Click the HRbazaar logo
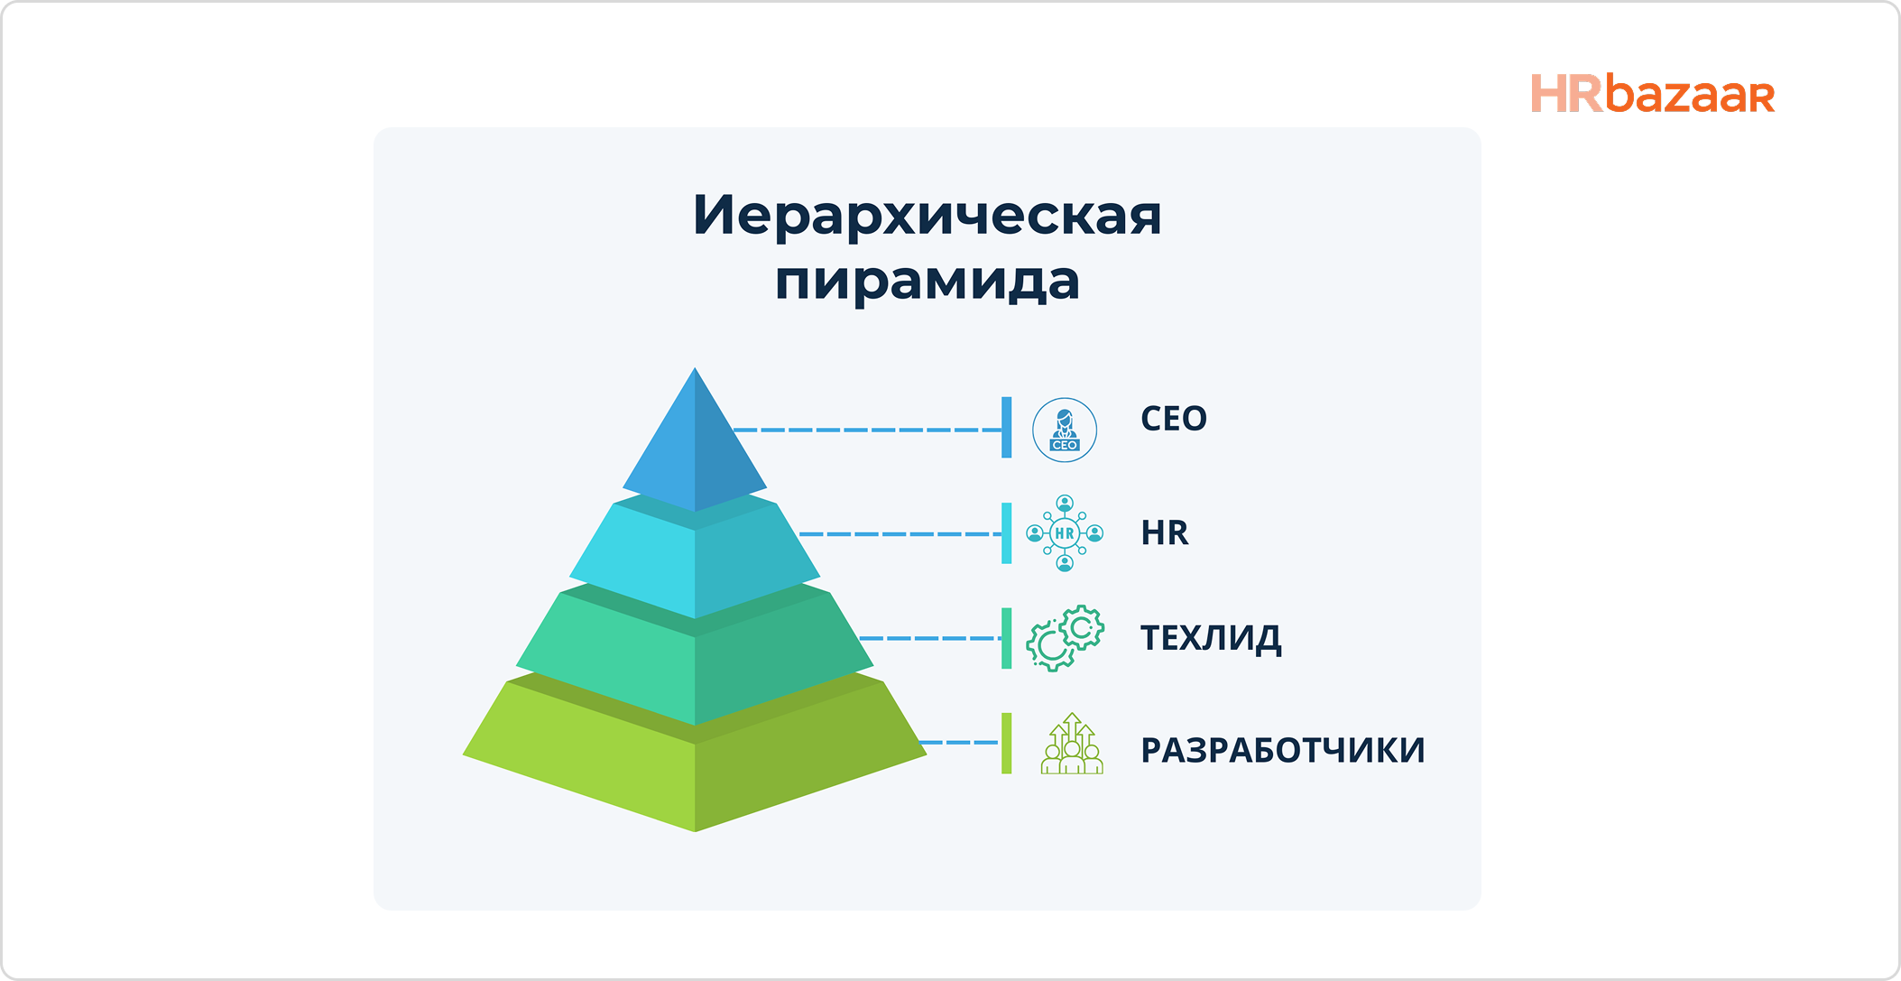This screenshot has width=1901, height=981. tap(1652, 95)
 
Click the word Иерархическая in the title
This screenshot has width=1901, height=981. tap(927, 217)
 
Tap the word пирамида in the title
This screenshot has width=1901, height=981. tap(927, 282)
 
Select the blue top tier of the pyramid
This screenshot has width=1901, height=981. tap(694, 447)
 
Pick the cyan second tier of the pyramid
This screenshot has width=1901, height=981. tap(694, 560)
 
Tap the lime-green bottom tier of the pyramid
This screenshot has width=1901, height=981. tap(694, 772)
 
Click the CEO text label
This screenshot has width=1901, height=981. tap(1173, 419)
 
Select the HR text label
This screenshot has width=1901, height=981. tap(1164, 533)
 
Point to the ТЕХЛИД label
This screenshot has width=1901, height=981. tap(1210, 638)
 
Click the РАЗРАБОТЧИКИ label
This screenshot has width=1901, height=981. tap(1282, 751)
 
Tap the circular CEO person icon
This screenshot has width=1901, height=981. tap(1065, 430)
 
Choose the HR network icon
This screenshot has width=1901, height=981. tap(1065, 533)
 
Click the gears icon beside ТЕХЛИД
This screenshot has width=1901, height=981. tap(1065, 638)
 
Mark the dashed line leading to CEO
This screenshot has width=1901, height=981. tap(866, 430)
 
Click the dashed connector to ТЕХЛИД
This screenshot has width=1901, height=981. tap(929, 638)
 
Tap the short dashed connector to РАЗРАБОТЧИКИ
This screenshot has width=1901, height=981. tap(958, 743)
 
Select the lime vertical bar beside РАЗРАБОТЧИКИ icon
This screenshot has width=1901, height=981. tap(1006, 743)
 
